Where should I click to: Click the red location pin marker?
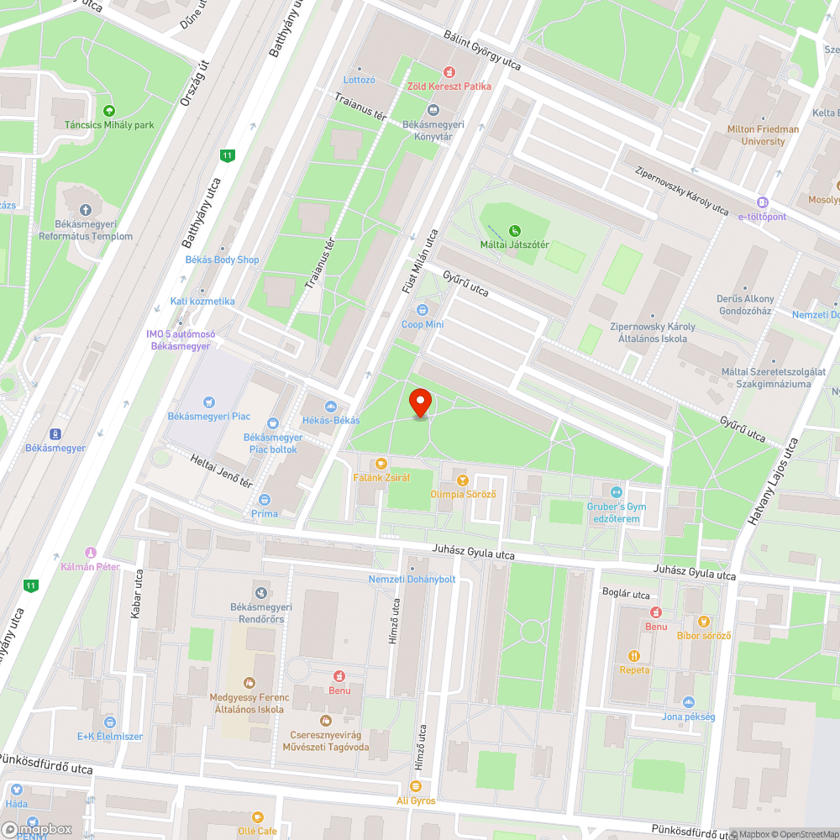pos(420,402)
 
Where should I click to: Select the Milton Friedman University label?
pos(764,135)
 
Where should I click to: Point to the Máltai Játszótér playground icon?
pos(515,230)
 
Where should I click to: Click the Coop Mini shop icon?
pos(423,310)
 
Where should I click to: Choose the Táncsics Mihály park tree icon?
pos(108,111)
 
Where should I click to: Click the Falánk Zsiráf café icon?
pos(381,463)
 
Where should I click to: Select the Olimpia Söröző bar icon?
pos(463,480)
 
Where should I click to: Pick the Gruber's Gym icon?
pos(617,491)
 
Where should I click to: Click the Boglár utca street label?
pos(627,595)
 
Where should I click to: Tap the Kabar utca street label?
pos(137,593)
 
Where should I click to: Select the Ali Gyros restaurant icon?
pos(415,786)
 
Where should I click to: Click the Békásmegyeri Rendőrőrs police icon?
pos(261,593)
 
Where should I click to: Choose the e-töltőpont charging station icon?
pos(762,202)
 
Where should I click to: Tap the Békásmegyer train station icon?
pos(55,433)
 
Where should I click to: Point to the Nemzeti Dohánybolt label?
pos(412,580)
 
